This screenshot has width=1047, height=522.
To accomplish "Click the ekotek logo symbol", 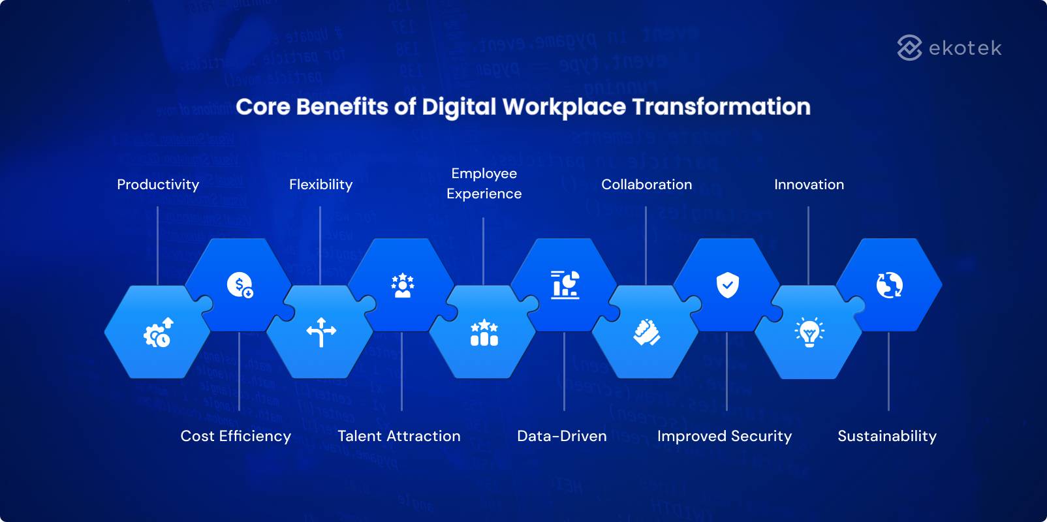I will click(909, 48).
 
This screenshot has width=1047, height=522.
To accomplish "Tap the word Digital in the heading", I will click(459, 107).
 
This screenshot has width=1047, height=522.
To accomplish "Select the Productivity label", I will click(158, 185).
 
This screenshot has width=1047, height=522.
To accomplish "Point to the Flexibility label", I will click(320, 185).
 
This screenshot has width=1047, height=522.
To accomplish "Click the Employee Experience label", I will click(484, 183).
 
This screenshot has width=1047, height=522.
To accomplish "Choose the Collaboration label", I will click(646, 185).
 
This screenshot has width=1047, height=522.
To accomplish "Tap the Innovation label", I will click(809, 185).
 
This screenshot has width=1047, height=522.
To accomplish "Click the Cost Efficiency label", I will click(236, 436).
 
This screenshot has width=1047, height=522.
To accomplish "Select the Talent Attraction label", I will click(399, 436).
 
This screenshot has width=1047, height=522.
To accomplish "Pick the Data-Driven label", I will click(561, 436).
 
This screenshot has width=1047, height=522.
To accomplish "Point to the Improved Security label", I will click(724, 436).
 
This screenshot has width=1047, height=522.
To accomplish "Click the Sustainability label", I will click(886, 436).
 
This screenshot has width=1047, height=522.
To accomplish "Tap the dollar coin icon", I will click(240, 285).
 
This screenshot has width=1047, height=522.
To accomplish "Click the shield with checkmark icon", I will click(727, 285).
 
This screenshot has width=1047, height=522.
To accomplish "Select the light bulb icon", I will click(809, 332).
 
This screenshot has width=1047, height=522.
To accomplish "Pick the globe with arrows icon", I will click(889, 285).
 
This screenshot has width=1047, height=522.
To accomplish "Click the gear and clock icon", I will click(157, 333).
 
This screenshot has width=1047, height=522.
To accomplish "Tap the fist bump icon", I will click(646, 332).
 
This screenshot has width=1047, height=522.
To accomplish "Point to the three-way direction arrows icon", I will click(320, 332).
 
